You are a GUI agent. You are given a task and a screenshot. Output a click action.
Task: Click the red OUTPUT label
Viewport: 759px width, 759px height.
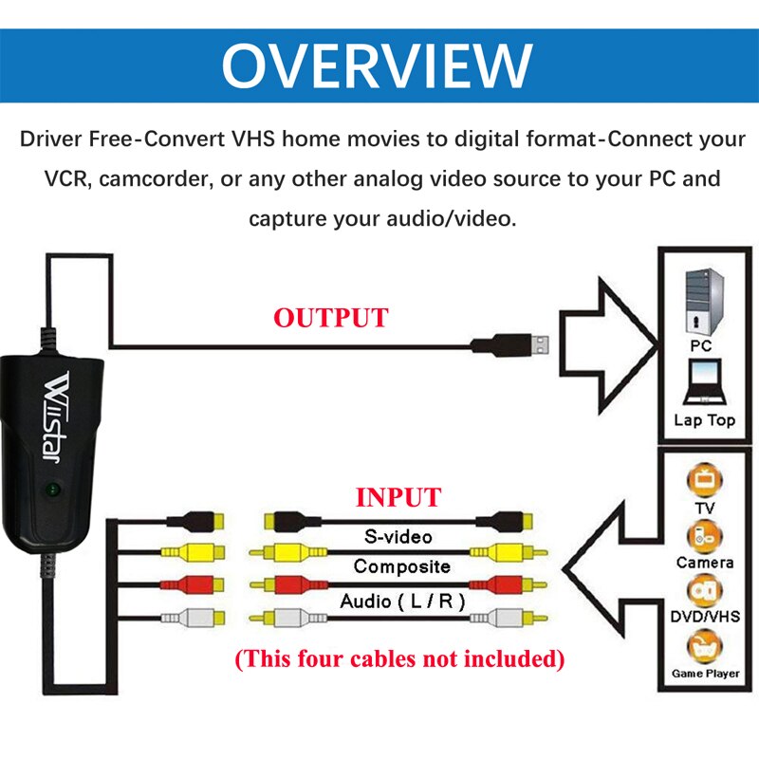point(331,318)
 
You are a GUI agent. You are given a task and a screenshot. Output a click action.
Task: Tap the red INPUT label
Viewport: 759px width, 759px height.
point(398,497)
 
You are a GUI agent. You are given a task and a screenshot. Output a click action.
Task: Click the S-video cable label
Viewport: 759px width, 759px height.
point(398,537)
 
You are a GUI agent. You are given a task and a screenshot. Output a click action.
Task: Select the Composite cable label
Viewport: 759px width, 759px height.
point(401,567)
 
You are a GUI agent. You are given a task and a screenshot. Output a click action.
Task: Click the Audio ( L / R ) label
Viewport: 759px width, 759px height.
point(398,602)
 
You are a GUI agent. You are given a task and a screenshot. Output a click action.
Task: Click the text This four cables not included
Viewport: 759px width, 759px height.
point(398,657)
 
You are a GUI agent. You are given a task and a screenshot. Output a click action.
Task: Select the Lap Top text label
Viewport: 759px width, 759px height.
point(704,419)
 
